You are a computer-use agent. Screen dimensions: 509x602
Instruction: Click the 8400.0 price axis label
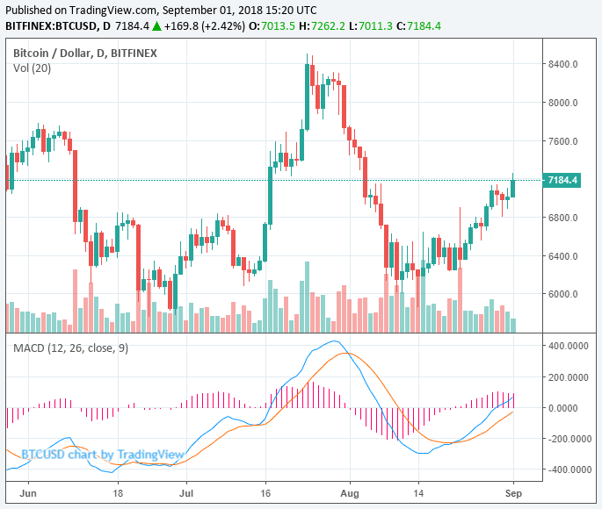click(x=562, y=64)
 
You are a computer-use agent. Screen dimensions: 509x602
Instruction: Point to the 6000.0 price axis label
click(x=562, y=295)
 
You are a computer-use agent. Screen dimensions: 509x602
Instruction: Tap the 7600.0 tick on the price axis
click(x=562, y=141)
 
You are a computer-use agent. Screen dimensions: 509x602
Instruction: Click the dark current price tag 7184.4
click(x=562, y=180)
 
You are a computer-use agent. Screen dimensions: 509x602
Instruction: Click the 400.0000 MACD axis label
click(x=566, y=346)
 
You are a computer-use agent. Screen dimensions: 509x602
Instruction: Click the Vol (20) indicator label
click(x=32, y=68)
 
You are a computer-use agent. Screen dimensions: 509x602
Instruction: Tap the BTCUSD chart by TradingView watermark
click(x=102, y=454)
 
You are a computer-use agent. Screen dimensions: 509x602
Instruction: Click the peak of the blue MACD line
click(x=334, y=341)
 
